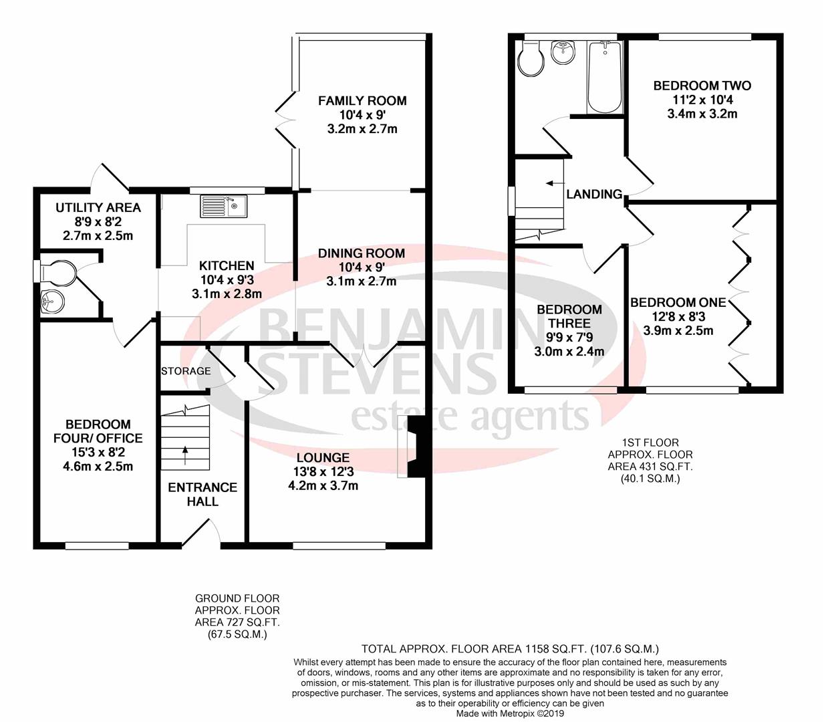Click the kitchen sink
pyautogui.click(x=224, y=207)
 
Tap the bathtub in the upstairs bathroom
pyautogui.click(x=604, y=77)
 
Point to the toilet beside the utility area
pyautogui.click(x=55, y=271)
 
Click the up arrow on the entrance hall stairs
pyautogui.click(x=185, y=455)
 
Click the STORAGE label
pyautogui.click(x=186, y=370)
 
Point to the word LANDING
pyautogui.click(x=594, y=195)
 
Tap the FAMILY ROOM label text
pyautogui.click(x=362, y=100)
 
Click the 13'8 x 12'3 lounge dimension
pyautogui.click(x=323, y=471)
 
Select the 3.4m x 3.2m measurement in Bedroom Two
pyautogui.click(x=702, y=114)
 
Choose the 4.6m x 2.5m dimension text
pyautogui.click(x=98, y=467)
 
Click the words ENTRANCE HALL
pyautogui.click(x=202, y=494)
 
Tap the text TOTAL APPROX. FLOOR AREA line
pyautogui.click(x=510, y=649)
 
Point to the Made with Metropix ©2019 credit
pyautogui.click(x=510, y=713)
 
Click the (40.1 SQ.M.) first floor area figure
pyautogui.click(x=650, y=479)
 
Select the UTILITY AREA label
pyautogui.click(x=98, y=207)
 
